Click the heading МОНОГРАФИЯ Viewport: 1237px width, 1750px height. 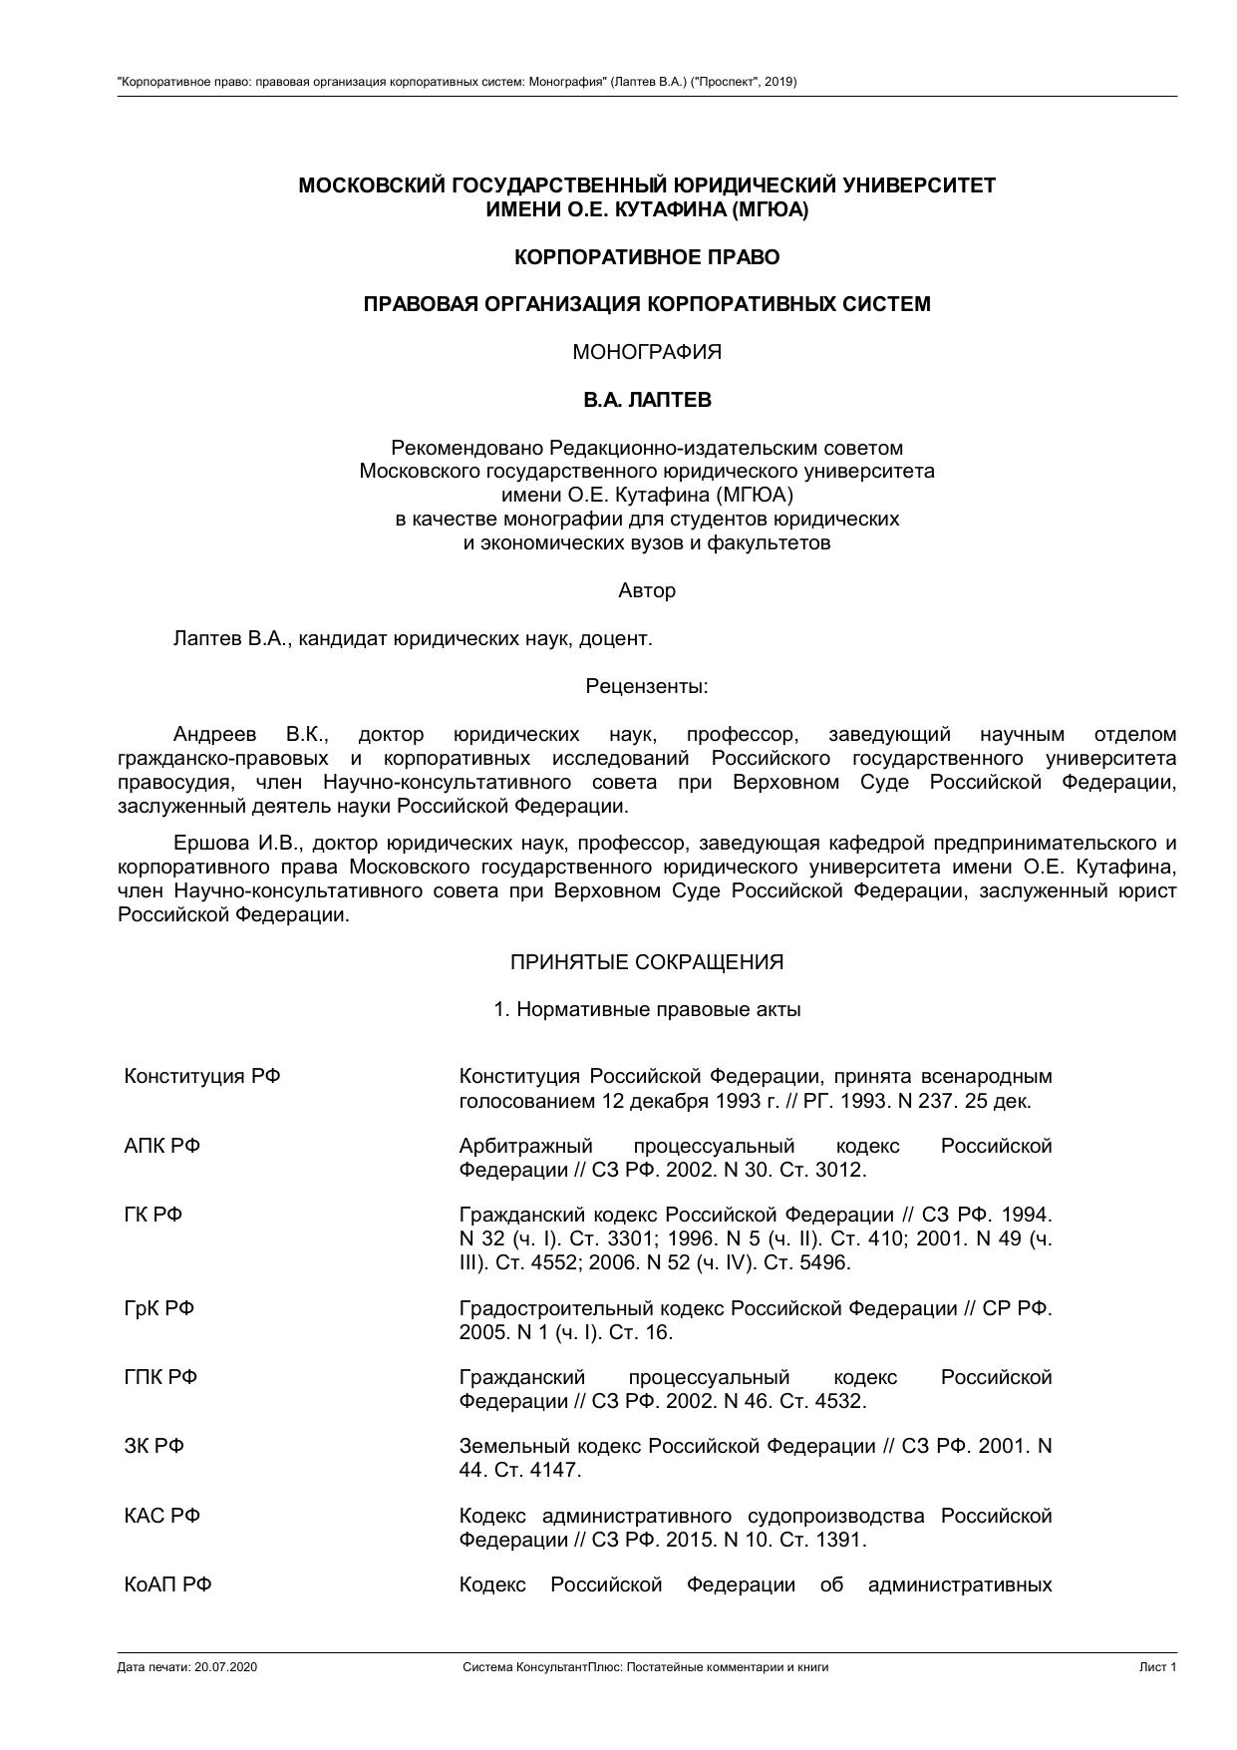pyautogui.click(x=646, y=352)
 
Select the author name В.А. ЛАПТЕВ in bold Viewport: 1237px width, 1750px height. pyautogui.click(x=647, y=400)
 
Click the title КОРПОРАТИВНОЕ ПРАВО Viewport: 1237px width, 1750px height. pyautogui.click(x=646, y=257)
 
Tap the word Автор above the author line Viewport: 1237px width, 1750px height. pyautogui.click(x=646, y=590)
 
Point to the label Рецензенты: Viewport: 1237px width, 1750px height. pyautogui.click(x=646, y=686)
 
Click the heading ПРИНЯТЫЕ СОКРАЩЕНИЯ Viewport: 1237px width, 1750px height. pyautogui.click(x=646, y=962)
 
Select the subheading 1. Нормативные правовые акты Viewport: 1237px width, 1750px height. pyautogui.click(x=646, y=1009)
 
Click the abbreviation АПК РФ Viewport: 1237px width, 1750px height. pyautogui.click(x=161, y=1146)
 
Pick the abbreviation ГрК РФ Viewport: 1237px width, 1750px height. pyautogui.click(x=158, y=1308)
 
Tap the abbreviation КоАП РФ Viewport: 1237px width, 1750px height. pyautogui.click(x=167, y=1584)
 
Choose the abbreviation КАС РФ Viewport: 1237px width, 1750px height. pyautogui.click(x=161, y=1516)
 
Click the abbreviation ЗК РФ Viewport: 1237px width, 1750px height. pyautogui.click(x=154, y=1446)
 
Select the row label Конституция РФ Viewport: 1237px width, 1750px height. pyautogui.click(x=201, y=1076)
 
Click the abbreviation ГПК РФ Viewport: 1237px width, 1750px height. pyautogui.click(x=160, y=1377)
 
